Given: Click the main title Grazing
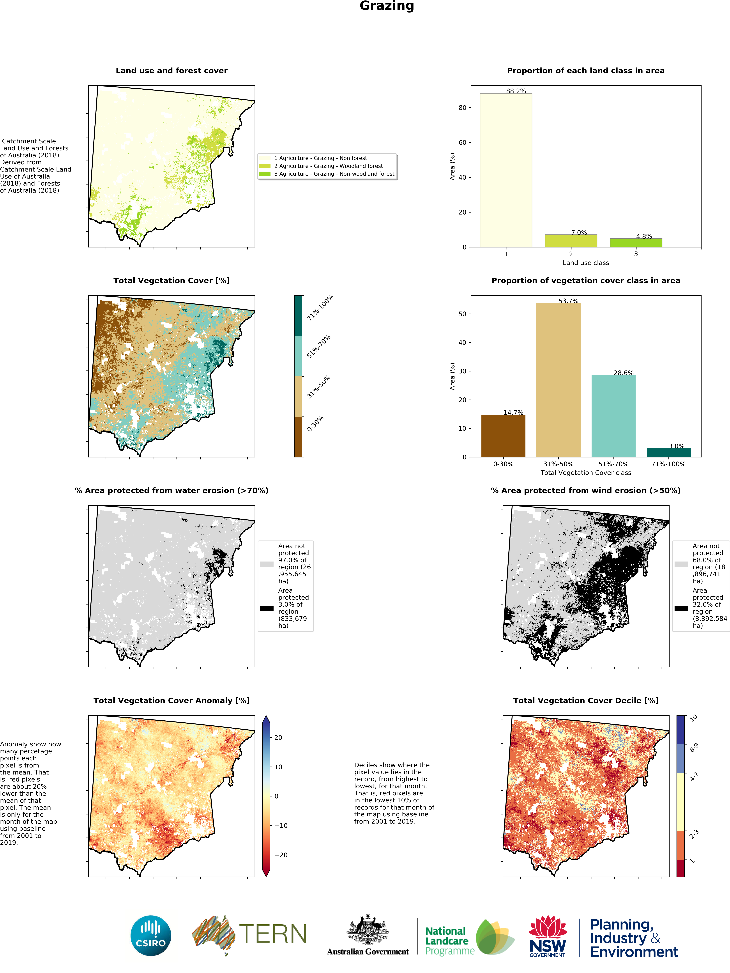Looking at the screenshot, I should pos(387,6).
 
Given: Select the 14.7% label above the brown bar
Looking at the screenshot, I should pos(513,413).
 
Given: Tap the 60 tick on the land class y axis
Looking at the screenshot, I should pos(462,143).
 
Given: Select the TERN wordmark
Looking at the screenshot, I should pos(273,933).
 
